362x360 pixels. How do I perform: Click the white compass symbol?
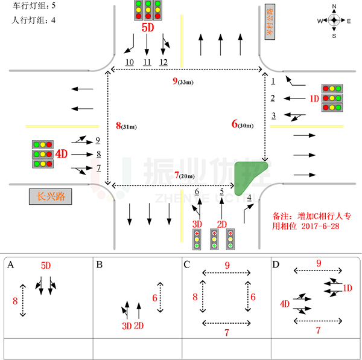point(334,20)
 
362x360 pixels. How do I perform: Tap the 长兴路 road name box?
point(51,196)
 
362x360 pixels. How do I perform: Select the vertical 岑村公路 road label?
point(270,22)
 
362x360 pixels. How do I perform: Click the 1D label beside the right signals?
point(314,98)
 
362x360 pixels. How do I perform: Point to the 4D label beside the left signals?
point(61,154)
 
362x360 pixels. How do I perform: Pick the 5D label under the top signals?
point(148,28)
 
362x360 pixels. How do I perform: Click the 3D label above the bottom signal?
point(197,224)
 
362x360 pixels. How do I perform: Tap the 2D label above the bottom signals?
point(221,224)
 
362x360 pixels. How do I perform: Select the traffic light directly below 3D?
point(197,239)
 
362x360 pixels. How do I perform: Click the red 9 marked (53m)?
point(175,81)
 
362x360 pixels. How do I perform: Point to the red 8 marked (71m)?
point(118,126)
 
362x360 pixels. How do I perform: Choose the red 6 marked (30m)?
point(235,124)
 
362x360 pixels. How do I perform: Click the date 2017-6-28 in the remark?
point(320,226)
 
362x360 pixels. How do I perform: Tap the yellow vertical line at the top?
point(182,41)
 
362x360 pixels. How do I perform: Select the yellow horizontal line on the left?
point(62,126)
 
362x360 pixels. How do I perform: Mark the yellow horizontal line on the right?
point(306,126)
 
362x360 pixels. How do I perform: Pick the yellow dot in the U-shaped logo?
point(110,198)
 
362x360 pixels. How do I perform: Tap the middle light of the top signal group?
point(148,10)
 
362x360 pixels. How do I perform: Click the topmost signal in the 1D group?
point(332,88)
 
